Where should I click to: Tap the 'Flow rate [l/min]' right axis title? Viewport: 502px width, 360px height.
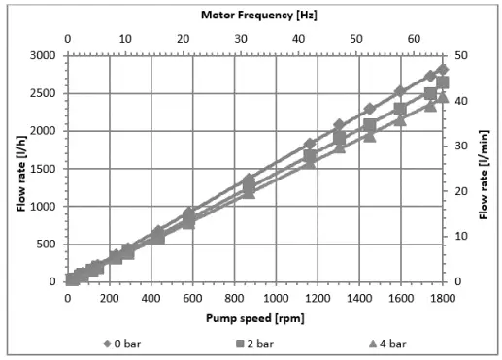point(485,168)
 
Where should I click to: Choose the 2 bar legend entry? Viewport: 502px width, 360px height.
point(255,343)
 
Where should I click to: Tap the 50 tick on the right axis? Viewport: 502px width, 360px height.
point(464,55)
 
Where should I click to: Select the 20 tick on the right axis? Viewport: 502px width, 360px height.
point(464,191)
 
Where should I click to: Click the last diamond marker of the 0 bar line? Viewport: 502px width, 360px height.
point(443,69)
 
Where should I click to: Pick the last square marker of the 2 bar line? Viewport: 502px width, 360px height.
point(443,82)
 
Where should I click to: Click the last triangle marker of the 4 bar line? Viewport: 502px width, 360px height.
point(443,96)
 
